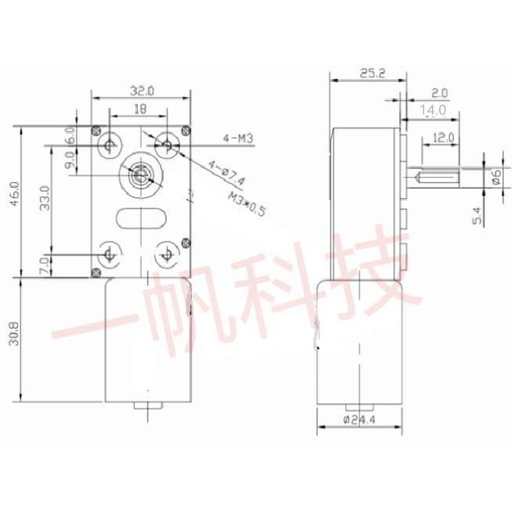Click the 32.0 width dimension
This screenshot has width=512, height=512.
(x=142, y=91)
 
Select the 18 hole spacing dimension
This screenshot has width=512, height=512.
(x=140, y=111)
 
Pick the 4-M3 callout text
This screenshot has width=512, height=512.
(x=237, y=139)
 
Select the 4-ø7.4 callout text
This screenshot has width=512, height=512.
(x=226, y=173)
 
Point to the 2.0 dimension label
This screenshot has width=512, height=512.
(x=439, y=92)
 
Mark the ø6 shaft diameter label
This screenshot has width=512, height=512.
(x=496, y=177)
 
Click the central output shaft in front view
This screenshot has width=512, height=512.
(x=140, y=175)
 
